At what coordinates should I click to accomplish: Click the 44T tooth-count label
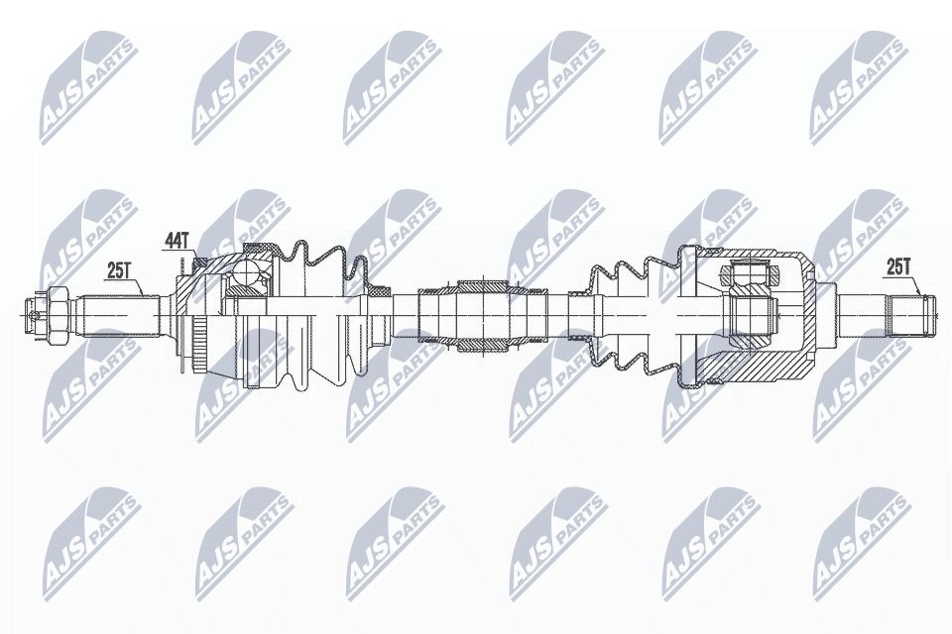click(176, 241)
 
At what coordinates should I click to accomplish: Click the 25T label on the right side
click(898, 266)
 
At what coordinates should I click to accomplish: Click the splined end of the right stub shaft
click(911, 314)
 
